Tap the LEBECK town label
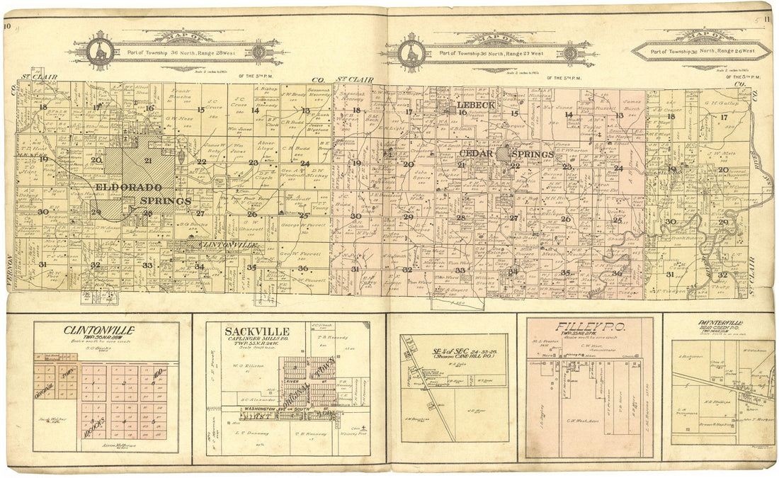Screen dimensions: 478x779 pyautogui.click(x=477, y=105)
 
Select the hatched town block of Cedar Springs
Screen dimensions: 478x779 pyautogui.click(x=504, y=153)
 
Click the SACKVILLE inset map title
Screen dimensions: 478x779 pyautogui.click(x=246, y=331)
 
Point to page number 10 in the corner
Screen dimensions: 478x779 pyautogui.click(x=8, y=27)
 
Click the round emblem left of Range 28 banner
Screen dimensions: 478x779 pyautogui.click(x=99, y=51)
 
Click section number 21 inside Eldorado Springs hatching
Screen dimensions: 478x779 pyautogui.click(x=147, y=160)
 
